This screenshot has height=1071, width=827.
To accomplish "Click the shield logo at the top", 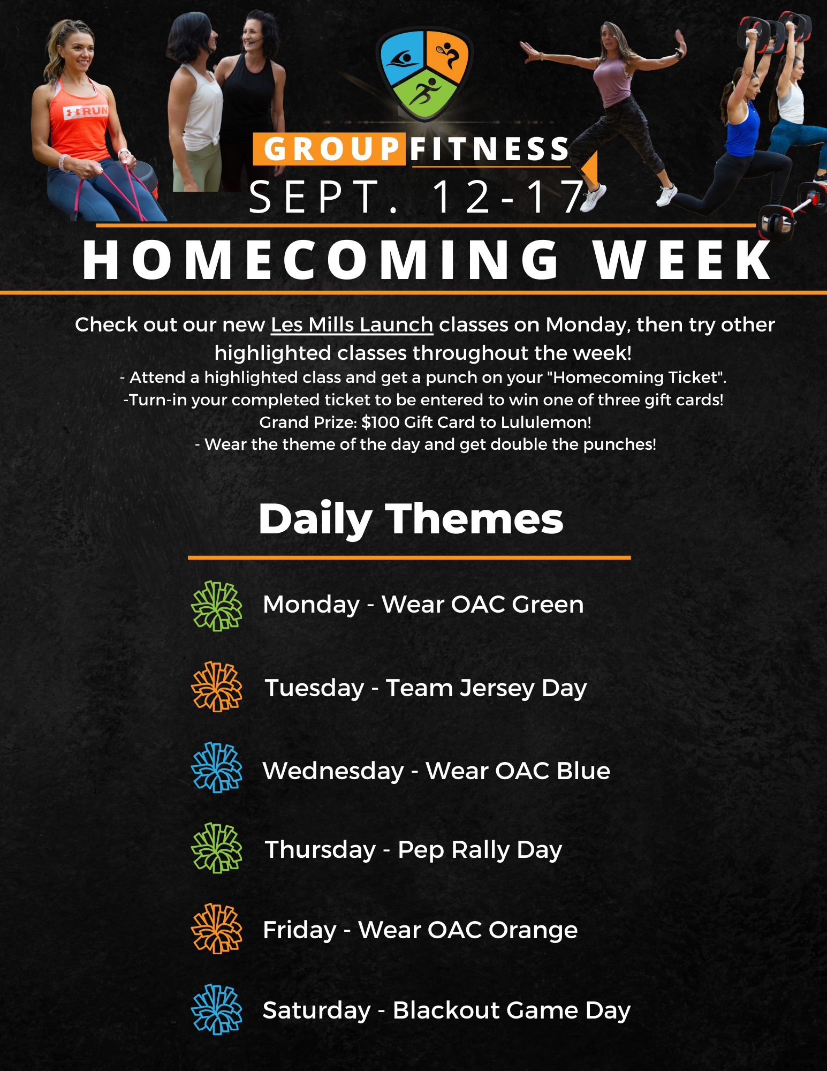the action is pyautogui.click(x=424, y=74).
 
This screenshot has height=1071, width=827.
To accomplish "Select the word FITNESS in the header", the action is pyautogui.click(x=490, y=149).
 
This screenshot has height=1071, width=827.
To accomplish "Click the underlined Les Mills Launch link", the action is pyautogui.click(x=352, y=325).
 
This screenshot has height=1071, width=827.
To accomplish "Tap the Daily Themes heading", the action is pyautogui.click(x=411, y=519).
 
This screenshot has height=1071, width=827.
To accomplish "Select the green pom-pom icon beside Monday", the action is pyautogui.click(x=217, y=606).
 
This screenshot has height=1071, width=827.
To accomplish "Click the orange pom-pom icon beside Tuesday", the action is pyautogui.click(x=217, y=687).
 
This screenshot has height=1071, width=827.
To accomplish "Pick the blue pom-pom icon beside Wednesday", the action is pyautogui.click(x=217, y=767).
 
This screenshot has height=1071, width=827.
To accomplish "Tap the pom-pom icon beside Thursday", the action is pyautogui.click(x=217, y=848).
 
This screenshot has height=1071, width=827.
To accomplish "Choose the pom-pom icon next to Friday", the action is pyautogui.click(x=217, y=929).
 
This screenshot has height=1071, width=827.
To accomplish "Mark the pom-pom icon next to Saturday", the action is pyautogui.click(x=217, y=1009).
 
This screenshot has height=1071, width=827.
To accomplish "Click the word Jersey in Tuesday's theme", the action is pyautogui.click(x=497, y=689).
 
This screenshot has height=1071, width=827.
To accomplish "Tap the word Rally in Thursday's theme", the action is pyautogui.click(x=480, y=850).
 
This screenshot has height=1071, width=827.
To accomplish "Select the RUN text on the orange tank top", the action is pyautogui.click(x=95, y=111).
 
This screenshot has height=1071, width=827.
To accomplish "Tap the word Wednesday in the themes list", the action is pyautogui.click(x=333, y=772).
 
